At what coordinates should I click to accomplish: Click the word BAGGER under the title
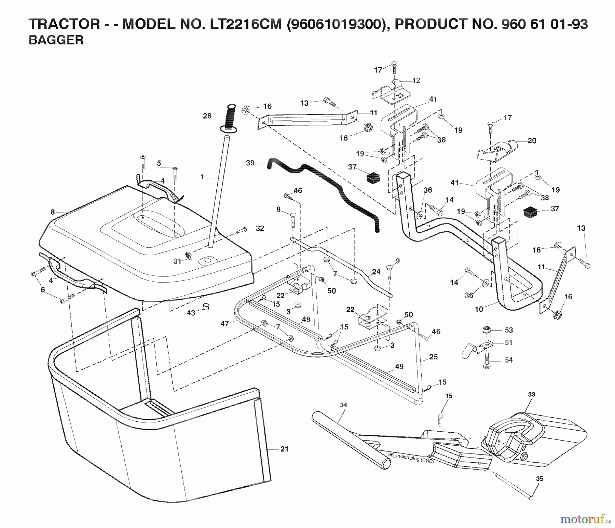pos(56,40)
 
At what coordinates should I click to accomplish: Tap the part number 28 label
pos(207,116)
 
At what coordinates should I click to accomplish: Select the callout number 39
pos(250,163)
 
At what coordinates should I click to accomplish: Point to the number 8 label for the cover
pos(53,212)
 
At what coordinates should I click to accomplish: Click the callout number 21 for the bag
pos(284,449)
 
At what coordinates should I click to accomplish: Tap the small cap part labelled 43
pos(206,306)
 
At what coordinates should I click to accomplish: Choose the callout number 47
pos(224,324)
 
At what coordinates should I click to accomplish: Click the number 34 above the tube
pos(343,405)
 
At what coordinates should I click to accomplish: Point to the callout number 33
pos(531,394)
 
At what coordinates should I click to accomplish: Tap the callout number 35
pos(539,479)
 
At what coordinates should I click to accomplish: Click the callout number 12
pos(416,81)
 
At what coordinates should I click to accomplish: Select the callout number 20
pos(532,140)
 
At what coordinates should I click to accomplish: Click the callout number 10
pos(479,309)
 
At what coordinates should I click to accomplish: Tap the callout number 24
pos(376,272)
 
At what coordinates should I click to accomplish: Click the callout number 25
pos(433,357)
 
